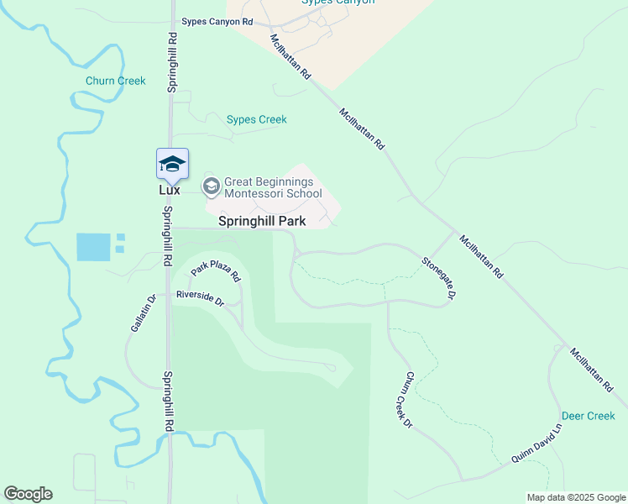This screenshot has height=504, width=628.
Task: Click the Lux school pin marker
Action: tap(172, 164)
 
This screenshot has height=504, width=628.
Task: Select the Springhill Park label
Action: tap(262, 222)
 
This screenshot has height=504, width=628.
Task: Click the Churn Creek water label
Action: tap(115, 81)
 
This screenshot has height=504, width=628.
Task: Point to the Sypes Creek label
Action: tap(257, 120)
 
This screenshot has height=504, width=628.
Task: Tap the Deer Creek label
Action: tap(588, 416)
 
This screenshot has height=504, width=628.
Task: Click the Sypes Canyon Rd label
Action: tap(217, 22)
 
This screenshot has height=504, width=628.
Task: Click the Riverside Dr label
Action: tap(200, 297)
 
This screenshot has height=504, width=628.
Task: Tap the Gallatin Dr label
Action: tap(141, 313)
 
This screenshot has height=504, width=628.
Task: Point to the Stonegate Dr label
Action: tap(438, 278)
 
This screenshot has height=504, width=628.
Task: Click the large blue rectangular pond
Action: tap(92, 246)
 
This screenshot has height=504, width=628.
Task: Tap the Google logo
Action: tap(28, 494)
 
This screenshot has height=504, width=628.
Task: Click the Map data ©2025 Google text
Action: tap(575, 497)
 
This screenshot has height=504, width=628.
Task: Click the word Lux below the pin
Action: tap(170, 191)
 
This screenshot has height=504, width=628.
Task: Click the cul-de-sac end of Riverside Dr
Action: tap(332, 368)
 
